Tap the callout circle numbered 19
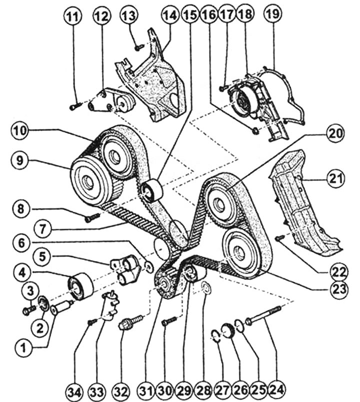(272, 16)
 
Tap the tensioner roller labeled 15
(150, 191)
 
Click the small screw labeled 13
(138, 47)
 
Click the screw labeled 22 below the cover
(280, 239)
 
